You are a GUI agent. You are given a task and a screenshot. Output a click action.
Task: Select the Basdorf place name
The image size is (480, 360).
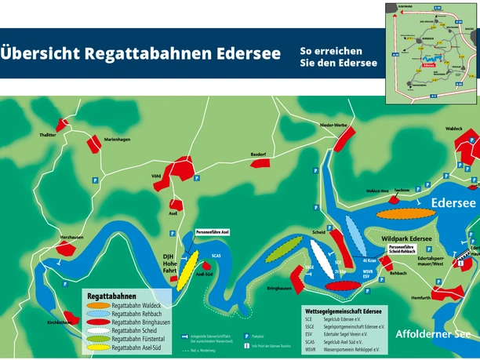[x=260, y=154]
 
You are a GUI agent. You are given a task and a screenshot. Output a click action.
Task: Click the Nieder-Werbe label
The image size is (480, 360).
[x=333, y=125]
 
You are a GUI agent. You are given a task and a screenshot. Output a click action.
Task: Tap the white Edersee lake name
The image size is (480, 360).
[x=453, y=203]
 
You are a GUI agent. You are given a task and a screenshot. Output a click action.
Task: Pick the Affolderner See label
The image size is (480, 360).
[x=434, y=333]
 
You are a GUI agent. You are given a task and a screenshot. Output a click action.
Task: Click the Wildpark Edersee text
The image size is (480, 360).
[x=407, y=238]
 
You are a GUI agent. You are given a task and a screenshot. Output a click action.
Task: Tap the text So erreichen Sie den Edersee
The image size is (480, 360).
[x=338, y=56]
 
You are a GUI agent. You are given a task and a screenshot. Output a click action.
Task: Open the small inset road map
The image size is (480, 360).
[x=431, y=53]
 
